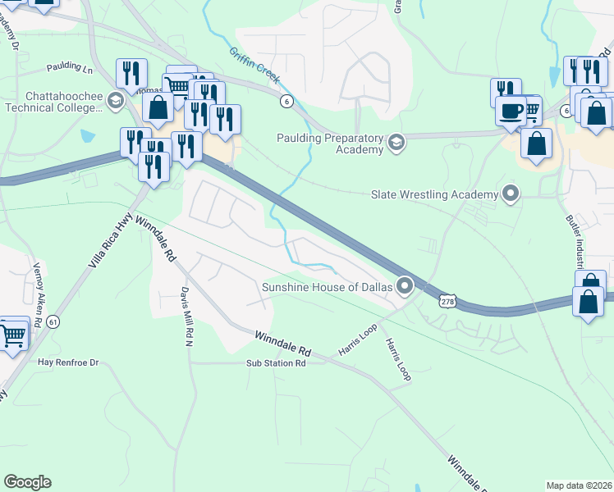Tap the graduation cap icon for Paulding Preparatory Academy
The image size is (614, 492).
[396, 144]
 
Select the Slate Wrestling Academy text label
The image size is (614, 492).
[434, 194]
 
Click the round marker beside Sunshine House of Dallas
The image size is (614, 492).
[405, 286]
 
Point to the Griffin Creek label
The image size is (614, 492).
[255, 66]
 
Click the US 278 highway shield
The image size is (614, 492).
[447, 303]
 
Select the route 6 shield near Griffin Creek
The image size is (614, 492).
[286, 101]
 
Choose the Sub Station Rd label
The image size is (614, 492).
[276, 362]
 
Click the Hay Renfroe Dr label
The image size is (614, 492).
[68, 362]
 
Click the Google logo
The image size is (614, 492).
[27, 482]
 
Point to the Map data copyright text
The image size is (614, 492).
[580, 485]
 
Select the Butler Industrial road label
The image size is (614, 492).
[575, 242]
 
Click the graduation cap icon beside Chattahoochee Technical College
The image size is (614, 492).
[116, 100]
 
